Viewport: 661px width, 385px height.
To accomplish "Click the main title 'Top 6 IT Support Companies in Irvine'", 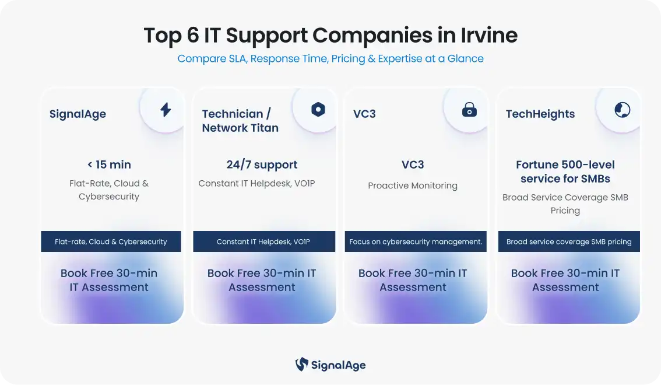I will tap(331, 36).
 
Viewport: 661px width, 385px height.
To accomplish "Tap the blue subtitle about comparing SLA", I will tap(331, 58).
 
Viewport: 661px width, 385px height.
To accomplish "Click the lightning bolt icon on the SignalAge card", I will tap(166, 110).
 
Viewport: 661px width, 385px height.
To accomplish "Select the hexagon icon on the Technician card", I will tap(318, 110).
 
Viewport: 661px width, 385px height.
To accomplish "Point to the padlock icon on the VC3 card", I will tap(469, 110).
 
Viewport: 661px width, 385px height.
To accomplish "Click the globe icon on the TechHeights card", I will tap(622, 110).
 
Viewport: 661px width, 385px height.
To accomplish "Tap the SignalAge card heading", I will tap(78, 114).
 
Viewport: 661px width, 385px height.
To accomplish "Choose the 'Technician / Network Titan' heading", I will tap(240, 121).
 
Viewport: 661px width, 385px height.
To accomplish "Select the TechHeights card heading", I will tap(540, 114).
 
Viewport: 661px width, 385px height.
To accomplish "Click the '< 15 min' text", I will tap(109, 164).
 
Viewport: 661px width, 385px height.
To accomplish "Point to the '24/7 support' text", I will tap(262, 164).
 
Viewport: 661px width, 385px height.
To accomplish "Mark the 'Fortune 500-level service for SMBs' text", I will tap(565, 171).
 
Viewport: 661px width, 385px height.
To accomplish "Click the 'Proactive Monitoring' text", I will tap(413, 185).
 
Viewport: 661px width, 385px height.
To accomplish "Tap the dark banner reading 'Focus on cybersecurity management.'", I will tap(416, 242).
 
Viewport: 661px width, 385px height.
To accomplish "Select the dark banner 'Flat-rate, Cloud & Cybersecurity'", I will tap(111, 242).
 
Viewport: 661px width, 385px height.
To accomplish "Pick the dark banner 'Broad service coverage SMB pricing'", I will tap(569, 242).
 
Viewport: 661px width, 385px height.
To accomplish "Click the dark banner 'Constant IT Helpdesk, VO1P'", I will tap(264, 242).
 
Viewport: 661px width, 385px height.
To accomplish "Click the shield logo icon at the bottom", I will tap(301, 365).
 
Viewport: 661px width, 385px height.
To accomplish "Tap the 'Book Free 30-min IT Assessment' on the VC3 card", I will tap(413, 280).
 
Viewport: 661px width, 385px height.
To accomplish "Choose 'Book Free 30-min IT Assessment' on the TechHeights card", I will tap(565, 280).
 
